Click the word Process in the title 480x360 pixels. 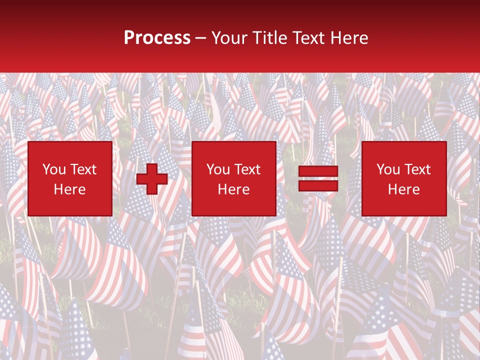coord(157,38)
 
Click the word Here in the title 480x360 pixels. coord(350,38)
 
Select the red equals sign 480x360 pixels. coord(318,179)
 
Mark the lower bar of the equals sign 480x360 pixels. coord(318,186)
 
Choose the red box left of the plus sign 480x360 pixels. coord(70,178)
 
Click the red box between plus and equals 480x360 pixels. coord(234,178)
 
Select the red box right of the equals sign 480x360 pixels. coord(404,178)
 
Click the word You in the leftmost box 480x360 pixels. coord(54,169)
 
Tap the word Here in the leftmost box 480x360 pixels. coord(70,189)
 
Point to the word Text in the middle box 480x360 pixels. coord(247,169)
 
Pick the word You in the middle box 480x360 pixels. coord(218,169)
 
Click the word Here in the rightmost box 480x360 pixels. coord(404,189)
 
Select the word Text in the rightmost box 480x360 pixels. coord(417,169)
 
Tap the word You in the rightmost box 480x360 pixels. coord(388,169)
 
